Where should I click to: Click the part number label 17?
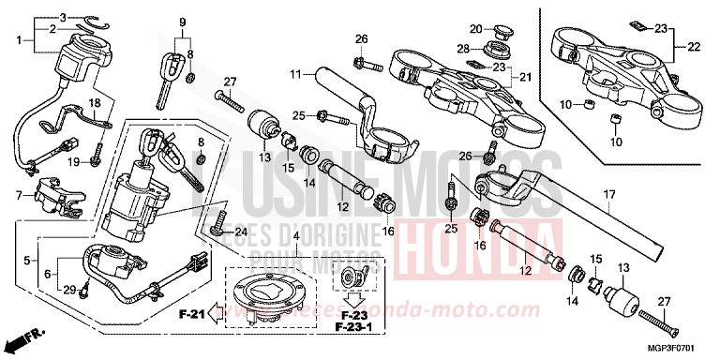pyautogui.click(x=608, y=195)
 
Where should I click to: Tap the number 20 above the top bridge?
pyautogui.click(x=475, y=28)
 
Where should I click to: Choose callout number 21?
pyautogui.click(x=524, y=76)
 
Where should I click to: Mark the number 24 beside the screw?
pyautogui.click(x=241, y=232)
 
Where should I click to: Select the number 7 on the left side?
pyautogui.click(x=18, y=194)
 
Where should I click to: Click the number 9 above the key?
pyautogui.click(x=184, y=21)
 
